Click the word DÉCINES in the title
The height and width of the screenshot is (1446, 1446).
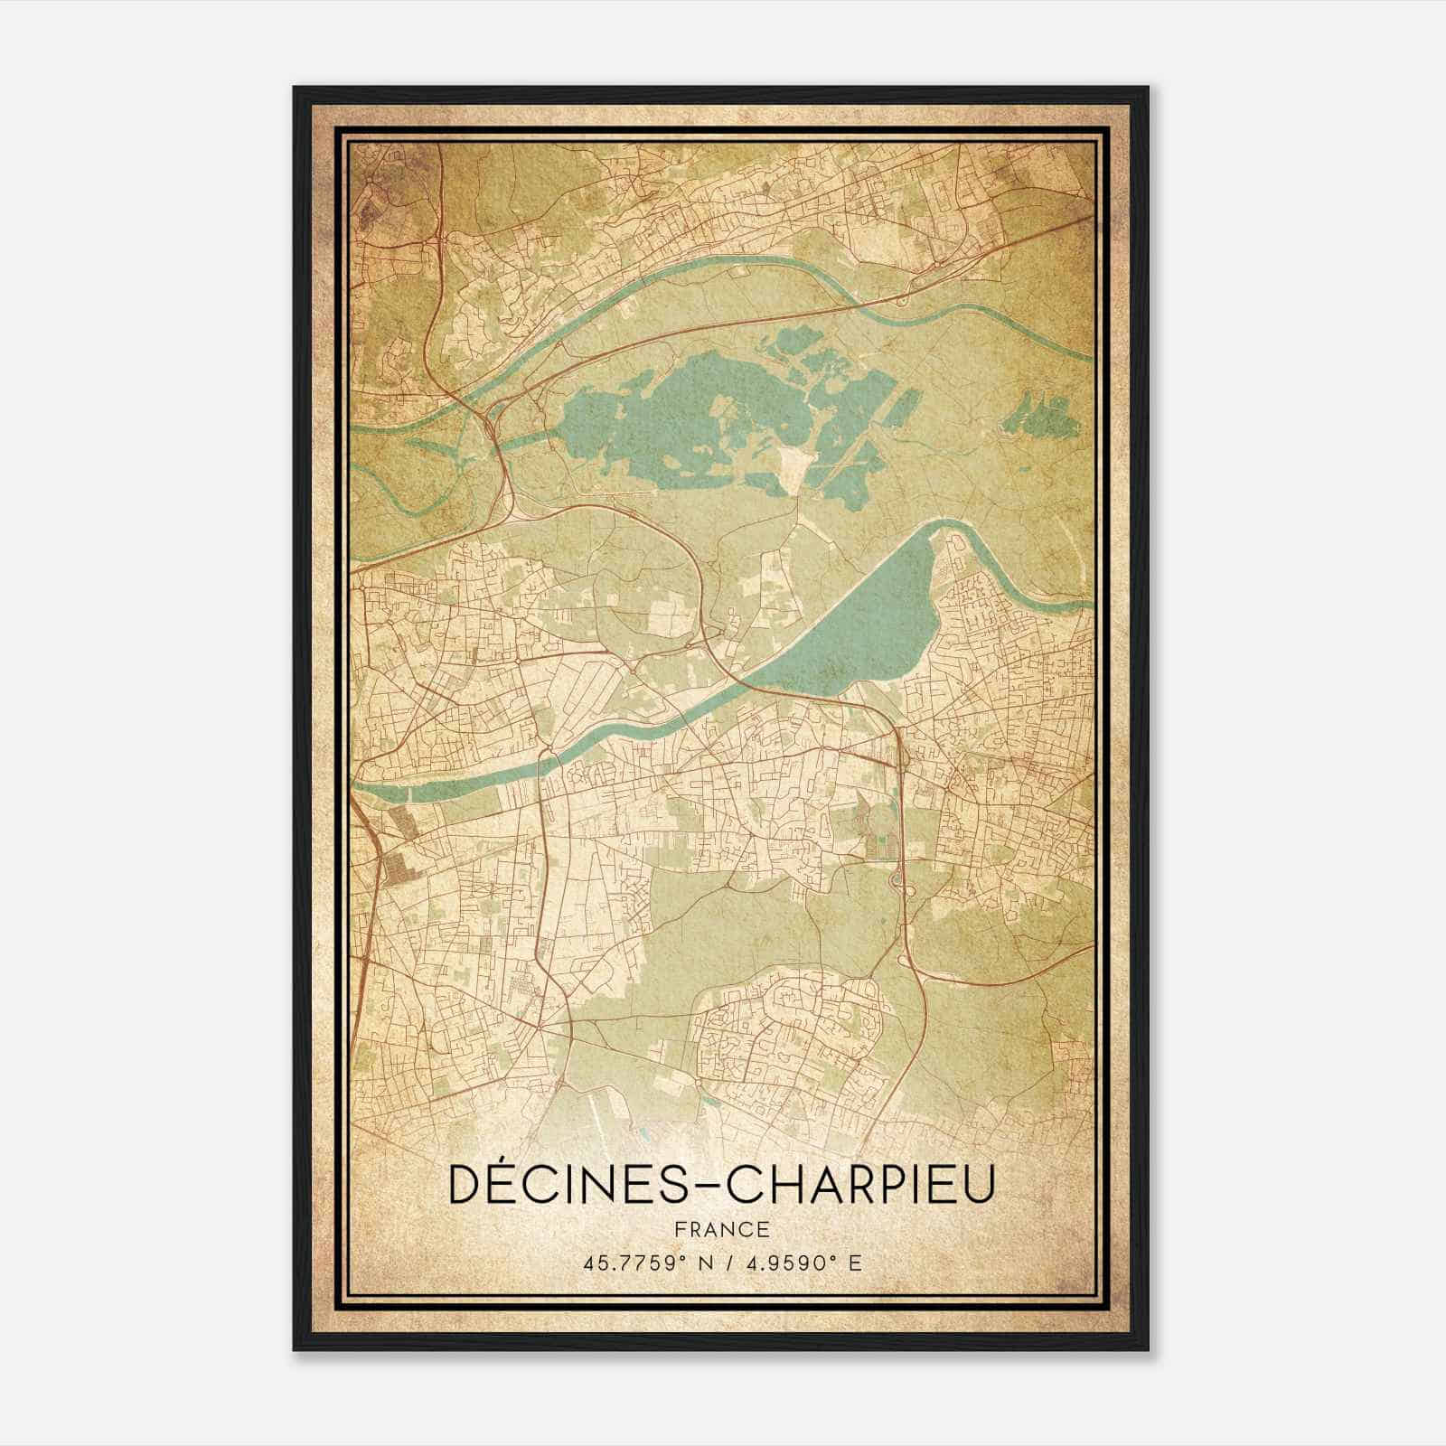pos(565,1184)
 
